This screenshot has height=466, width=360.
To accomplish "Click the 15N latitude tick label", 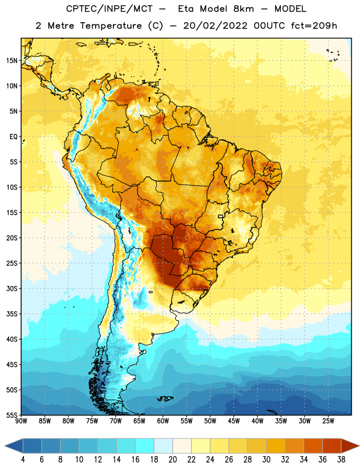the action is click(x=12, y=61).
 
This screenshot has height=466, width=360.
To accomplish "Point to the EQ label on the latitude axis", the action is click(x=13, y=137).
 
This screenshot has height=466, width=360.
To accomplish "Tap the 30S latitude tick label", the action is click(x=12, y=288).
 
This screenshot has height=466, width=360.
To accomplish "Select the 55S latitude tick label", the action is click(x=12, y=415).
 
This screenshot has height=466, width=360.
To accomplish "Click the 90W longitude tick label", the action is click(x=21, y=421).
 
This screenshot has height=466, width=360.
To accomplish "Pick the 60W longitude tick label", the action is click(x=163, y=421).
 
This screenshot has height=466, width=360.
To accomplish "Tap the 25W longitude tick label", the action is click(x=328, y=421).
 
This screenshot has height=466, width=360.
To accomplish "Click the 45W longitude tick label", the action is click(x=234, y=421).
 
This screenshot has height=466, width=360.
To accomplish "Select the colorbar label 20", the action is click(x=172, y=460).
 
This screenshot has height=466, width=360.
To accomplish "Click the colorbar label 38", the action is click(x=341, y=460).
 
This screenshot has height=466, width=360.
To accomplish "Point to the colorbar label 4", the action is click(x=23, y=460).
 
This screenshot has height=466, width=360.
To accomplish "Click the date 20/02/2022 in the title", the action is click(x=215, y=26).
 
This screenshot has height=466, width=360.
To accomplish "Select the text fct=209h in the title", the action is click(x=314, y=26).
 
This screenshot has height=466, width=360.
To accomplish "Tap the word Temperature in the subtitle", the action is click(x=111, y=26).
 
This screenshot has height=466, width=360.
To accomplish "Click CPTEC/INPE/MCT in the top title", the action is click(x=109, y=9).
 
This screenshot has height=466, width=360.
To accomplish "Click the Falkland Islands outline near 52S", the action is click(x=165, y=398).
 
